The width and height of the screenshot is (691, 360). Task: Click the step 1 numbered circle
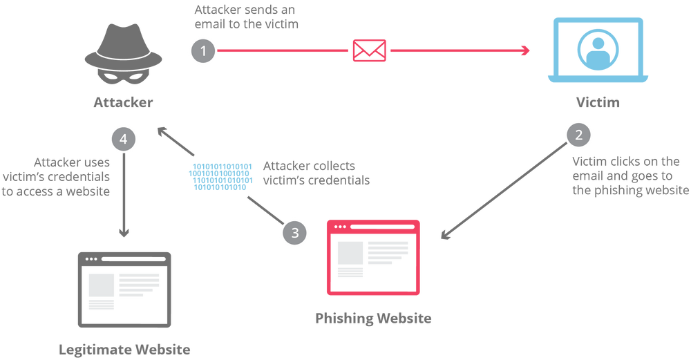click(x=203, y=50)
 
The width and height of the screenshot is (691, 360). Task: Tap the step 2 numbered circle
click(x=578, y=134)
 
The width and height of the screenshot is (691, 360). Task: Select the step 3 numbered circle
click(x=295, y=232)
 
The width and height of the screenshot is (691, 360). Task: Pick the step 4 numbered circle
click(x=124, y=139)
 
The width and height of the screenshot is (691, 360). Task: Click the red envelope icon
click(x=369, y=50)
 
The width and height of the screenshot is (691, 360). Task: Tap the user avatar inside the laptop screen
click(x=598, y=50)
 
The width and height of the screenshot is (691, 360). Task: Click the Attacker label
click(x=124, y=102)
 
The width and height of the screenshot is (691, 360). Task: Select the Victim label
click(x=598, y=102)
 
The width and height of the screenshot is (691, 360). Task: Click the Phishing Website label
click(x=373, y=318)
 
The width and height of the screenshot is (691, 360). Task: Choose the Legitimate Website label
click(x=124, y=350)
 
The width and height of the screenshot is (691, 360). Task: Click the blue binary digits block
click(x=221, y=177)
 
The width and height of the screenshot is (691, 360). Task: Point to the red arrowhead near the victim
click(x=525, y=50)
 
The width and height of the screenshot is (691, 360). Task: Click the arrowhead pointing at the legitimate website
click(x=124, y=233)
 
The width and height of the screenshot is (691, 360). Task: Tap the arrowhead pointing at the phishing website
click(x=446, y=234)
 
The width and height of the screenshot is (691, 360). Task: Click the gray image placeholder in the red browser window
click(x=350, y=253)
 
